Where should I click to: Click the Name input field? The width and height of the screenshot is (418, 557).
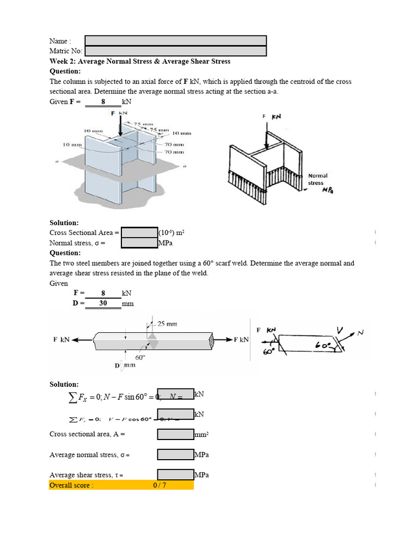pos(175,41)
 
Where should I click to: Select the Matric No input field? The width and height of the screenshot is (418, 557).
pos(175,51)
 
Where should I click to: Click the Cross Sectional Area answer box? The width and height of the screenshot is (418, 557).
pos(139,233)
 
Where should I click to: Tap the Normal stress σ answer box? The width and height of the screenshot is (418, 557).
pos(139,243)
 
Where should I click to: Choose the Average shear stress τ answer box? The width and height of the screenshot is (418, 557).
pos(176,475)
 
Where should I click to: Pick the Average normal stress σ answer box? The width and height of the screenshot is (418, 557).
pos(176,455)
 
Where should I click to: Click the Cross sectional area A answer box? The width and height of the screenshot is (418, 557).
pos(176,434)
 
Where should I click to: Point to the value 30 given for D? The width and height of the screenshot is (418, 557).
pos(103,304)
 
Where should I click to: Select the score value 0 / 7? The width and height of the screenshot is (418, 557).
pos(159,485)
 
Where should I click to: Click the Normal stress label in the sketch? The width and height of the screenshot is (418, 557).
pos(316,180)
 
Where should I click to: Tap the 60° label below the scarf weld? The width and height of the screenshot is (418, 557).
pos(140,357)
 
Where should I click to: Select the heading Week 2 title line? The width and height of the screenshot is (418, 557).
pos(140,61)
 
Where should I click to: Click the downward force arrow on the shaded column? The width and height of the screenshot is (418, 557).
pos(120,125)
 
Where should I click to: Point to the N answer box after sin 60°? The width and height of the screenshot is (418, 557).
pos(176,394)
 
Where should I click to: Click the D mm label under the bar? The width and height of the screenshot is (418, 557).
pos(125,366)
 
